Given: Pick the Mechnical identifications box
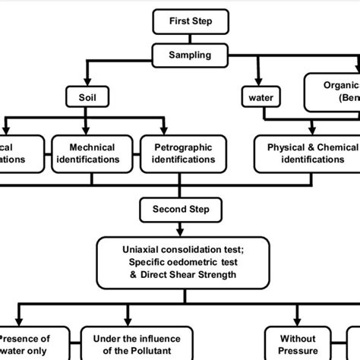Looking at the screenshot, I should click(x=93, y=153).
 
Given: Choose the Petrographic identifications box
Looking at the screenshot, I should click(x=179, y=153).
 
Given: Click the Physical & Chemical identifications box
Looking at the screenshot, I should click(x=307, y=153).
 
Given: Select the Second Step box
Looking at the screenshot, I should click(x=179, y=208).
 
